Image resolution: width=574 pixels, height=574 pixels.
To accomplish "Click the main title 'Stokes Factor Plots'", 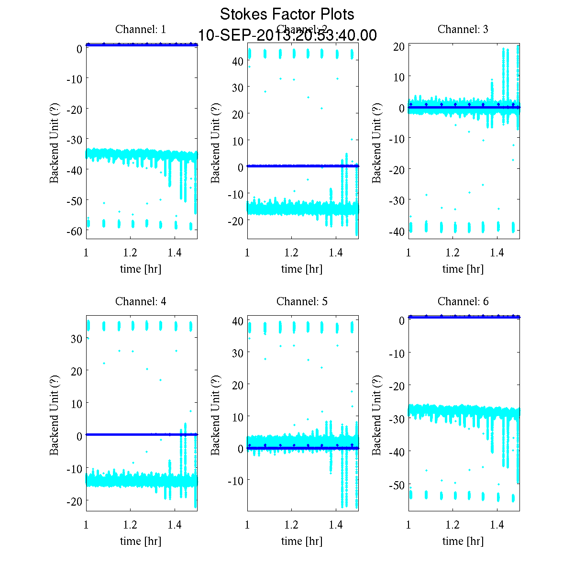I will pos(287,14).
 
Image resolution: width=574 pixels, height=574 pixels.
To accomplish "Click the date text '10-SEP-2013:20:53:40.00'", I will pos(287,35).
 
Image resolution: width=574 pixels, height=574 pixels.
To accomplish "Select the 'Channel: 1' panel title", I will pos(141,29).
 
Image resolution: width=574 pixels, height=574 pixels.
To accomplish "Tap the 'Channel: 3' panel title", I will pos(463,29).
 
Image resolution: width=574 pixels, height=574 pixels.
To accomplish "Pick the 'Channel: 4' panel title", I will pos(141,301).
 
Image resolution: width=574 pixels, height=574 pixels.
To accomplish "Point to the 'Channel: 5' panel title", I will pos(302,301).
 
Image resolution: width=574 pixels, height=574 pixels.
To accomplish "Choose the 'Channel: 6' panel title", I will pos(463,301).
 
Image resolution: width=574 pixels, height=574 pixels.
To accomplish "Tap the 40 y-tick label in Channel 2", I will pos(239,61).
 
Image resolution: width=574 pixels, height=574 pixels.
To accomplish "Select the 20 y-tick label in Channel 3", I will pos(399,46).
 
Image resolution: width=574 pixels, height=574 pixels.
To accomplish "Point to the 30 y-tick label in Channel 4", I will pos(77,338).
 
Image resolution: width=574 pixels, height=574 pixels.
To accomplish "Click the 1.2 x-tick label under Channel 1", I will pos(130,253).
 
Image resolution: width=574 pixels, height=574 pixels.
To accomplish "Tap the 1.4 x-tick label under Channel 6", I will pos(497,525).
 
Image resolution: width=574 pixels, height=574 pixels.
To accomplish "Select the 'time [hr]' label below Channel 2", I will pos(302,269).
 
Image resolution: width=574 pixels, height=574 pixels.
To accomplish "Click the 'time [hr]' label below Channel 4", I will pos(141,541).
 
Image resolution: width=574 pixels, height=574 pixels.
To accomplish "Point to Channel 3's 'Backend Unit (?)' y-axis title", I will pos(377,142).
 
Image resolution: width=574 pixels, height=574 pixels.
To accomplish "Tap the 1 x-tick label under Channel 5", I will pos(247,525).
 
